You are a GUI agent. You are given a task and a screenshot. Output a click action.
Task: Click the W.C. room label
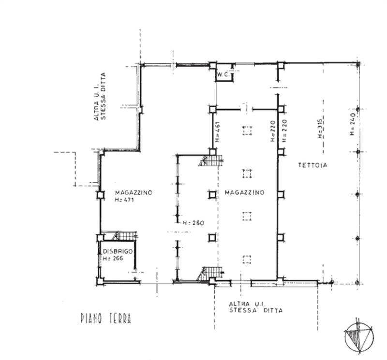pyautogui.click(x=223, y=74)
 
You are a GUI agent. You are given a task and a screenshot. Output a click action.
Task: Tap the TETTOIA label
pyautogui.click(x=313, y=165)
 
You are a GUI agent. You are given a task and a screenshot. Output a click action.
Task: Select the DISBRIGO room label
pyautogui.click(x=118, y=251)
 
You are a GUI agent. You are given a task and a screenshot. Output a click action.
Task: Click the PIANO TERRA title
pyautogui.click(x=105, y=318)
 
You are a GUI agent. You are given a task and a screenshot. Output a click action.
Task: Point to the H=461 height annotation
pyautogui.click(x=217, y=132)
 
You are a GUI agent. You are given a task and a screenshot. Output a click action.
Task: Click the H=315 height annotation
pyautogui.click(x=320, y=128)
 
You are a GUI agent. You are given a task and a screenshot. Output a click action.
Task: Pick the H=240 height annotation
pyautogui.click(x=352, y=124)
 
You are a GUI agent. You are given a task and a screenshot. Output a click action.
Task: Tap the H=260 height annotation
pyautogui.click(x=193, y=223)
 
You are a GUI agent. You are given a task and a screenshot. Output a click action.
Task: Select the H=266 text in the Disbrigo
pyautogui.click(x=113, y=259)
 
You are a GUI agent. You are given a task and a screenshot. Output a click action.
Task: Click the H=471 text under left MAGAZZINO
pyautogui.click(x=124, y=200)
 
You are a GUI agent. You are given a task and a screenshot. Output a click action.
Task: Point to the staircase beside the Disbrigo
pyautogui.click(x=125, y=236)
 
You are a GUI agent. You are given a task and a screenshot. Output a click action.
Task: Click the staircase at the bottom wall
pyautogui.click(x=210, y=274)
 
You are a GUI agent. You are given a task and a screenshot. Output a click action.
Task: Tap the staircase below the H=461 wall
pyautogui.click(x=211, y=160)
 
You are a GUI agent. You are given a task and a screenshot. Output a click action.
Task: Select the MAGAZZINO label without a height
pyautogui.click(x=244, y=192)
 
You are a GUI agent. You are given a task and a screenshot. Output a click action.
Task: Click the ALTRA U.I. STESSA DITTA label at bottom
pyautogui.click(x=256, y=307)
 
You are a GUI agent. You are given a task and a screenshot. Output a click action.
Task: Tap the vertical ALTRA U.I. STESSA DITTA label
pyautogui.click(x=100, y=96)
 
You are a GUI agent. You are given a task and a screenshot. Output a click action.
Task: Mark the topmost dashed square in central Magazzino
pyautogui.click(x=247, y=130)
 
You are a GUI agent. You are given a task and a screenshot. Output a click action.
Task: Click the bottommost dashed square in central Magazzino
pyautogui.click(x=247, y=259)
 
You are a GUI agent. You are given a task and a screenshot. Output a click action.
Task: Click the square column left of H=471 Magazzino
pyautogui.click(x=100, y=195)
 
